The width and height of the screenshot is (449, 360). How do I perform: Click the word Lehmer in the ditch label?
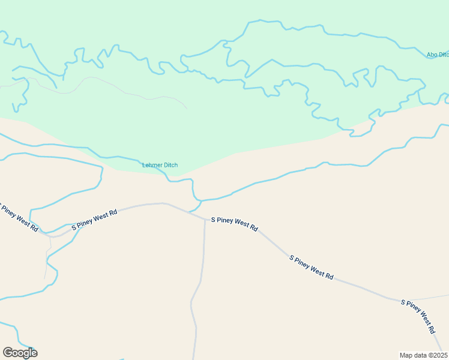tap(152, 166)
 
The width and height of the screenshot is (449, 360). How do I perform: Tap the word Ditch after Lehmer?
tap(170, 166)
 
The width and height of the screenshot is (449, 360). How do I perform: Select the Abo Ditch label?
tap(438, 55)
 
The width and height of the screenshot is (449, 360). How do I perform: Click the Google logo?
tap(20, 353)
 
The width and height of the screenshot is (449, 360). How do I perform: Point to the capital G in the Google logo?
tap(8, 353)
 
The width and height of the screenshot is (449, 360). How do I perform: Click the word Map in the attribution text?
tap(406, 355)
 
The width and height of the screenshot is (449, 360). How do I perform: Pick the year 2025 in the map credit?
tap(439, 355)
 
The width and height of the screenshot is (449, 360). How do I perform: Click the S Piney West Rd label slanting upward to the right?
tap(94, 220)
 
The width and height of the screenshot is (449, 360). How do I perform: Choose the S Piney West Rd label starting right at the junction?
tap(234, 224)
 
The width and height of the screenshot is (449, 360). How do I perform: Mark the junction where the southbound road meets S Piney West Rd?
tap(205, 219)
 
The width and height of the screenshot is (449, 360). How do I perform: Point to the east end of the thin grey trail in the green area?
tap(187, 109)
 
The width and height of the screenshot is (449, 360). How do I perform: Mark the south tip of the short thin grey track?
tap(46, 278)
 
